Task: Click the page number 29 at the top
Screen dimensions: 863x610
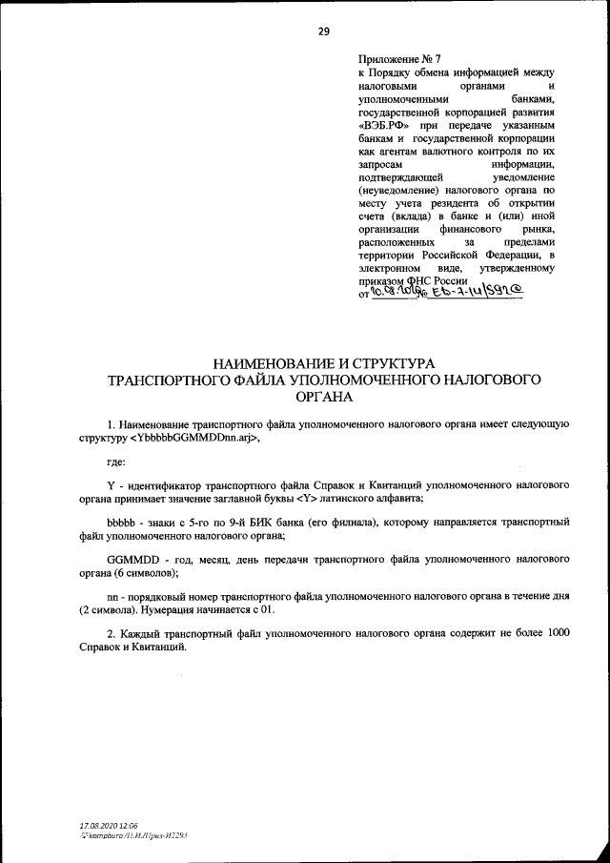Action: click(323, 31)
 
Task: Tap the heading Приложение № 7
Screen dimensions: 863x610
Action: click(394, 59)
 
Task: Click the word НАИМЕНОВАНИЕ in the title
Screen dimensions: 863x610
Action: click(274, 363)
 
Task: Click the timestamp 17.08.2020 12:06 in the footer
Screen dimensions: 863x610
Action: click(110, 823)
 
